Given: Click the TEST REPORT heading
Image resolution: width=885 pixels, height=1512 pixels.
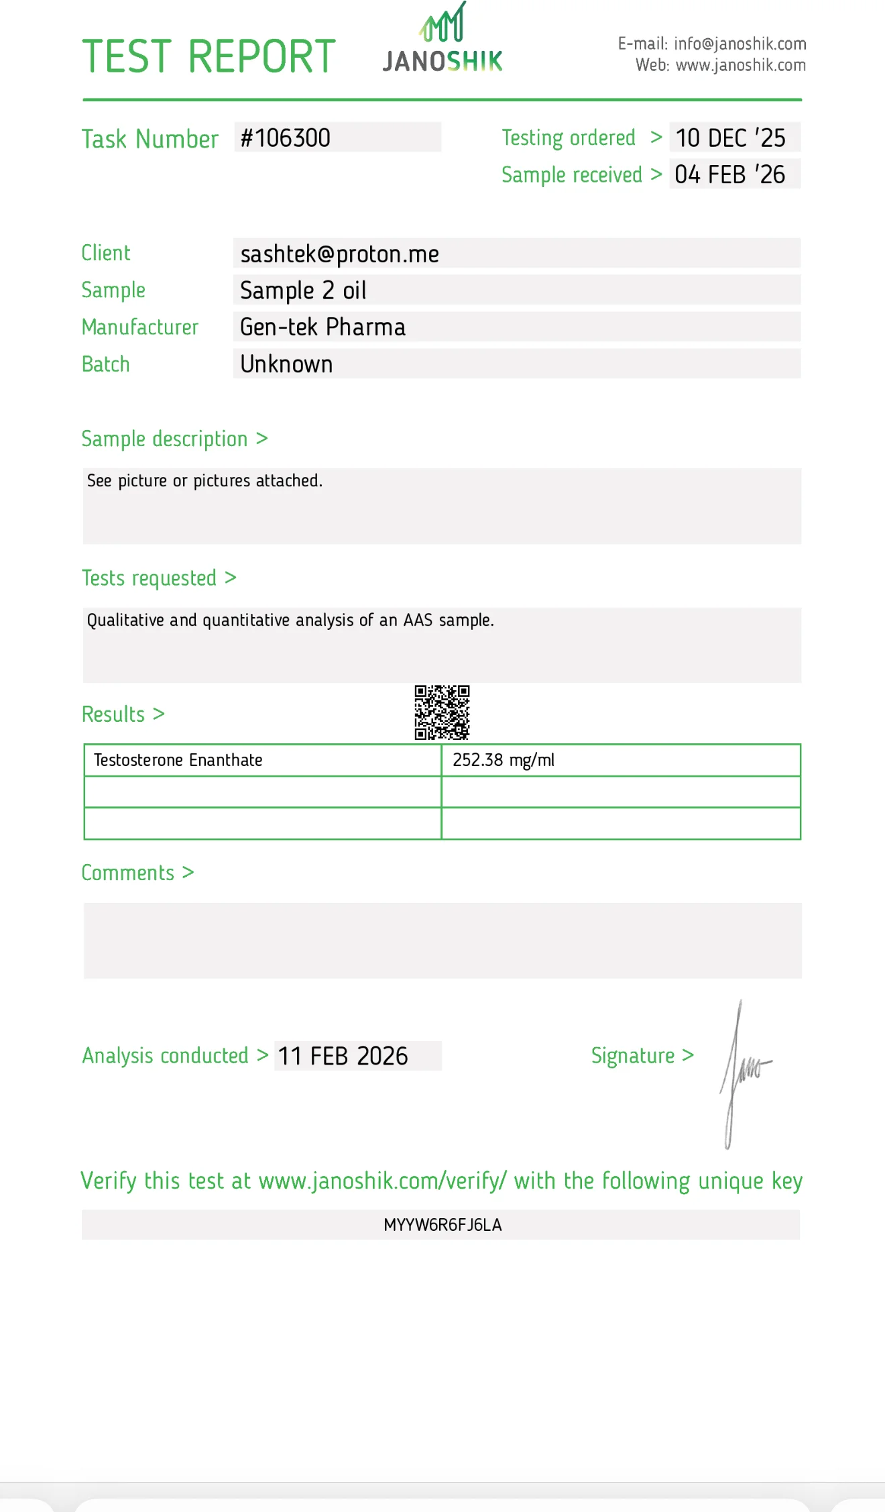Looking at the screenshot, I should pyautogui.click(x=209, y=56).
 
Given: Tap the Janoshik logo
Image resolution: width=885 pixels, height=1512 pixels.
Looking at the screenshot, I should pyautogui.click(x=442, y=40).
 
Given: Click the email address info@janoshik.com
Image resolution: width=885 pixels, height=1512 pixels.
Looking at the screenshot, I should pyautogui.click(x=740, y=44).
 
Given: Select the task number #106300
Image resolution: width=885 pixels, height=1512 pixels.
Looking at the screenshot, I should pyautogui.click(x=286, y=138).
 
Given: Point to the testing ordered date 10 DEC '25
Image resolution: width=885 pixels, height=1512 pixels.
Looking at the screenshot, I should pyautogui.click(x=730, y=138).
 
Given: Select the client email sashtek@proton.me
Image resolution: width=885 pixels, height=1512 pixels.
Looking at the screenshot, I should pyautogui.click(x=339, y=254).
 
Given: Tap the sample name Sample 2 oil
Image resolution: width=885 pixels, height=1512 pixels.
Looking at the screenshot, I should pyautogui.click(x=303, y=290).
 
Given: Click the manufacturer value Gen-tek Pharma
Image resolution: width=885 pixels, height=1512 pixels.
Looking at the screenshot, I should pyautogui.click(x=322, y=327).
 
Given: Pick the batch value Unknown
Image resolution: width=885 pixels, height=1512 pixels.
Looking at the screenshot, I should pyautogui.click(x=286, y=364).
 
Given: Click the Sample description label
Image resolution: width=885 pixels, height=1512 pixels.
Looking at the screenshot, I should pyautogui.click(x=165, y=439).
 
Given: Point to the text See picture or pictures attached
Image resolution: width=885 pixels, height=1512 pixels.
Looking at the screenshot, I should pyautogui.click(x=204, y=481).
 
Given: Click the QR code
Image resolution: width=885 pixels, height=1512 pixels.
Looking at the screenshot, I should pyautogui.click(x=442, y=712).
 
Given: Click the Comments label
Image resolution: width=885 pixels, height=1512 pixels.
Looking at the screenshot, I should pyautogui.click(x=128, y=873).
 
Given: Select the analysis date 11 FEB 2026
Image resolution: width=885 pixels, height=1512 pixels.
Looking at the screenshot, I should pyautogui.click(x=343, y=1057).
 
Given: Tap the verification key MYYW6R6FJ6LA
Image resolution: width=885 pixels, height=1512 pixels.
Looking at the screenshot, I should pyautogui.click(x=442, y=1225).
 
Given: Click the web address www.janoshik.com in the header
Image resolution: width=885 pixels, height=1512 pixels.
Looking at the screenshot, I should pyautogui.click(x=740, y=66).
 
